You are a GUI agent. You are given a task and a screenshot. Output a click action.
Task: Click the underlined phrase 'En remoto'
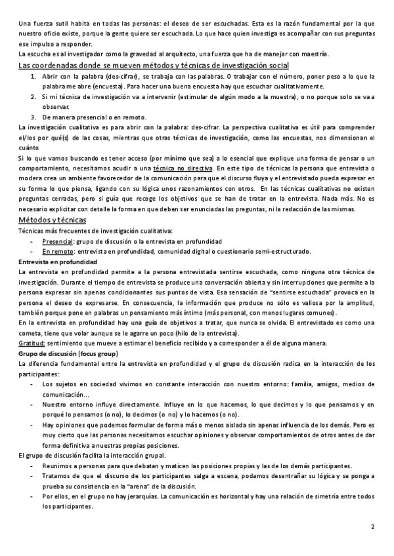[x=58, y=251]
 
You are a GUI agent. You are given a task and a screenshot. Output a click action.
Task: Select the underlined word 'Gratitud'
[x=32, y=344]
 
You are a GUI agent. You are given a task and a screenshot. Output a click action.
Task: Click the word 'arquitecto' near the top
[x=172, y=53]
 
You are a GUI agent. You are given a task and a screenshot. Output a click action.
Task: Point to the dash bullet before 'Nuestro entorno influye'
[x=32, y=405]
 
